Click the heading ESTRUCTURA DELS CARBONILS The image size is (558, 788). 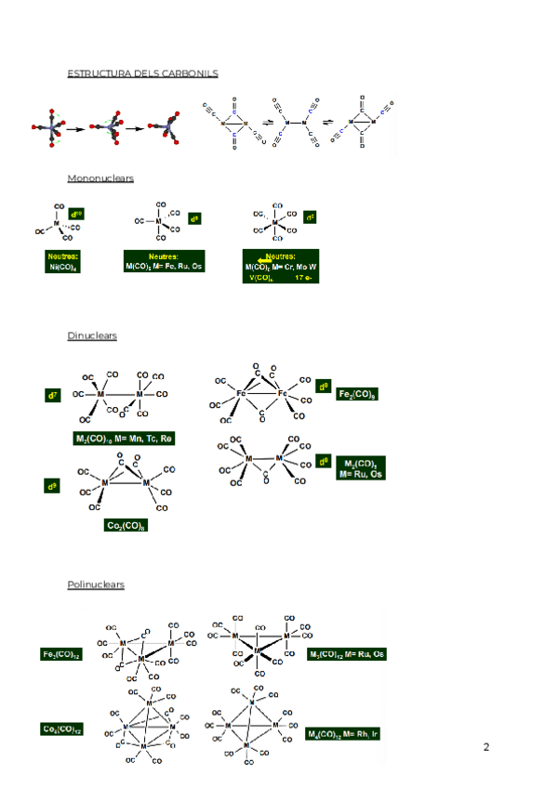coord(142,72)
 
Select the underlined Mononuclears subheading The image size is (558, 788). coord(100,177)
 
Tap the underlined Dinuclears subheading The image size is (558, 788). coord(91,335)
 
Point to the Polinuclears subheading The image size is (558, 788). coord(95,584)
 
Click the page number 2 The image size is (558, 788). coord(486,747)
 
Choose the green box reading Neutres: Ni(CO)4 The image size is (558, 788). coord(63,261)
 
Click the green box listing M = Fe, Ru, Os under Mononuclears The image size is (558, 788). coord(164,261)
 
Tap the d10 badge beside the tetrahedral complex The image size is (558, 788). coord(76,214)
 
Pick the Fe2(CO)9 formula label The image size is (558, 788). coord(358,395)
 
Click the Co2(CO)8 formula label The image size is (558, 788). coord(127,525)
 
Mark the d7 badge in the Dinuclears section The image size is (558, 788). coord(53,396)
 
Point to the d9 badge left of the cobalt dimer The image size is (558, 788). coord(53,486)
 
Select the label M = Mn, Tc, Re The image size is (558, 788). coord(124,438)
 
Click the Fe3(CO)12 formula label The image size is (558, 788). coord(61,655)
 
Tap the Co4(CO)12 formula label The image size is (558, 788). coord(61,729)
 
